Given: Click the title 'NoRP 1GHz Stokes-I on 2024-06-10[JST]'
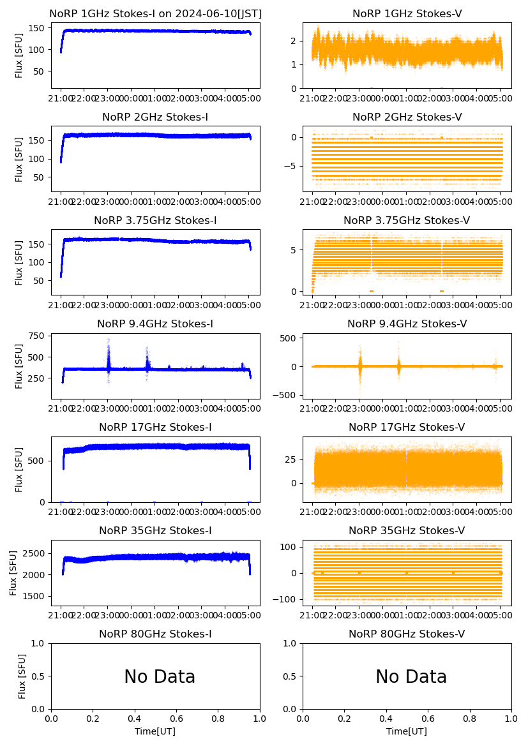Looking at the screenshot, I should [155, 13].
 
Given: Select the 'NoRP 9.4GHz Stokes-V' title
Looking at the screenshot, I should [407, 324].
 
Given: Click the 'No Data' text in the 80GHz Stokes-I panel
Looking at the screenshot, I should [160, 676].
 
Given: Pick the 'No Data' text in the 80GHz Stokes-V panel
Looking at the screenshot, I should [411, 676].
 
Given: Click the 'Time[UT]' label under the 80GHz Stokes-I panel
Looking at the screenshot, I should [155, 731].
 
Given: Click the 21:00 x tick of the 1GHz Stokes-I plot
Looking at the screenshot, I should [61, 98].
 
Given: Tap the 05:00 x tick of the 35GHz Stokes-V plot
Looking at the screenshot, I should [500, 615].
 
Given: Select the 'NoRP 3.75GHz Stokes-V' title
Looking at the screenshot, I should [407, 220].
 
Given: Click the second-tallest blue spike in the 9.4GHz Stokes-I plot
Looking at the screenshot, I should [147, 348].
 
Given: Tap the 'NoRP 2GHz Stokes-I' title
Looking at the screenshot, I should [155, 117].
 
